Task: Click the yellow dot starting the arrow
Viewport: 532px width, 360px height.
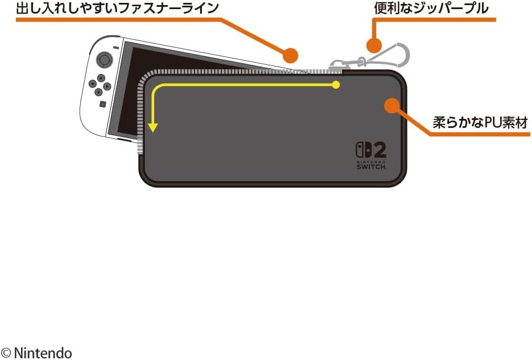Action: click(336, 85)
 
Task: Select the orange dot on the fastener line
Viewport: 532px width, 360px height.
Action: click(290, 55)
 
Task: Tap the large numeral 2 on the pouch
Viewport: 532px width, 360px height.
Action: click(379, 150)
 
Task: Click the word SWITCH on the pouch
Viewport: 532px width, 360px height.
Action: click(372, 167)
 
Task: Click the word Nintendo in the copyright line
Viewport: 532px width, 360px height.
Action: click(43, 353)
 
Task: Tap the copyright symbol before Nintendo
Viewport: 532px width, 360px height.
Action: click(6, 353)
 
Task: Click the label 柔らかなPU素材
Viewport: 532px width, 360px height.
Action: click(480, 123)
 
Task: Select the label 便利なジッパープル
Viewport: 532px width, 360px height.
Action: click(431, 9)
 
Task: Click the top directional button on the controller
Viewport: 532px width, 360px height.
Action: click(101, 78)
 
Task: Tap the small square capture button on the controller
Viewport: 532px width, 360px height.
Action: click(102, 104)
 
